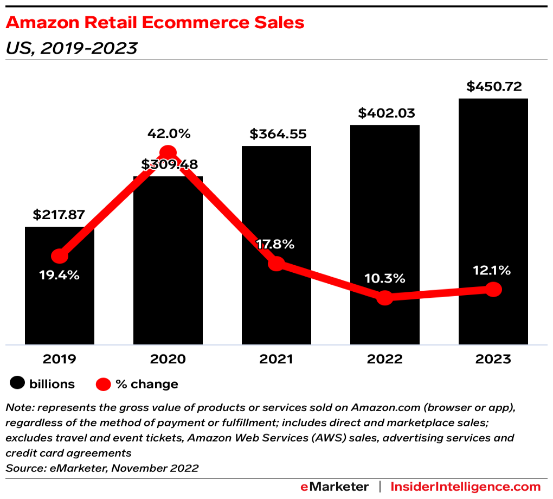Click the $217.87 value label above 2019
coord(59,214)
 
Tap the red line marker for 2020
coord(168,153)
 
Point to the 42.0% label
coord(168,133)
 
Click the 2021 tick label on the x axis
coord(276,359)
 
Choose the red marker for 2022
coord(384,297)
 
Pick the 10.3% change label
coord(384,279)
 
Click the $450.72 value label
coord(493,86)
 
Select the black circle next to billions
coord(17,384)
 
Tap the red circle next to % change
coord(103,385)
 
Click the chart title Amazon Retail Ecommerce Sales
coord(155,23)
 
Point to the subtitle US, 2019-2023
coord(71,48)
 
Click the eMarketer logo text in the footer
coord(335,487)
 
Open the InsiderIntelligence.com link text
coord(466,487)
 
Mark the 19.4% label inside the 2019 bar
coord(59,275)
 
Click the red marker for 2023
coord(493,290)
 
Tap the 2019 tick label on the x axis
coord(59,359)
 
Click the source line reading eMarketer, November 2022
coord(102,468)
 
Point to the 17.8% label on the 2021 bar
coord(276,244)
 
